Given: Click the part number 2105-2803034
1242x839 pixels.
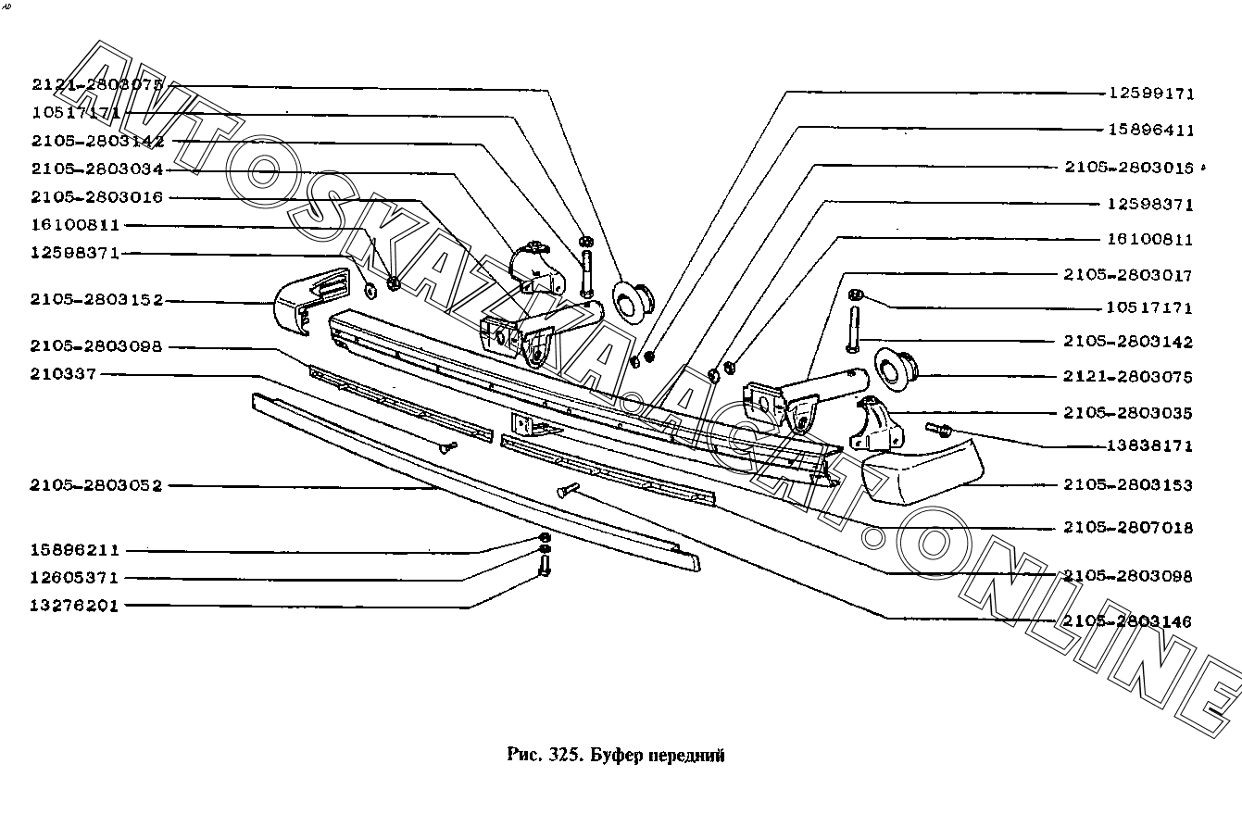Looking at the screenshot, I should tap(96, 170).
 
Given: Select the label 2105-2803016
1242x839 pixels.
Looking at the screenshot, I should tap(96, 198).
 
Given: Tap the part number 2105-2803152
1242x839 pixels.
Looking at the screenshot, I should tap(96, 300).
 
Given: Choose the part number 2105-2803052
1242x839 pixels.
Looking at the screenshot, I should tap(96, 485).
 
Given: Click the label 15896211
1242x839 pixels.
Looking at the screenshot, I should tap(75, 550).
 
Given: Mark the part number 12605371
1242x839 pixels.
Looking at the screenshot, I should tap(75, 578).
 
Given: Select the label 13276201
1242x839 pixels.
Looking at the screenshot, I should tap(75, 606).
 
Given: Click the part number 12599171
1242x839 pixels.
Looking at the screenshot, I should tap(1151, 94).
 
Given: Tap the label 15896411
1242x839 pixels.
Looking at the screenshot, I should tap(1151, 131).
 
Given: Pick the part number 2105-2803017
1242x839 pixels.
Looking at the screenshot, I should tap(1128, 275).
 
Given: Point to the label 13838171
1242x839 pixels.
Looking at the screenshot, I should tap(1151, 445).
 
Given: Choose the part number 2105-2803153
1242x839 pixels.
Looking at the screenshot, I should tap(1128, 484).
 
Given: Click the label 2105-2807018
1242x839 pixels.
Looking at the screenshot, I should tap(1128, 528).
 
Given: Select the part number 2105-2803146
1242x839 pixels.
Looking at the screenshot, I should tap(1128, 620).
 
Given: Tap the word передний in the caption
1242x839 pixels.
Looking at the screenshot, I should tap(686, 755).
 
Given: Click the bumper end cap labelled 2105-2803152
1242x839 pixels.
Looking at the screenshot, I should tap(310, 296).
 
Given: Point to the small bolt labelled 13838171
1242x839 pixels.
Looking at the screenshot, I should tap(938, 429).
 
